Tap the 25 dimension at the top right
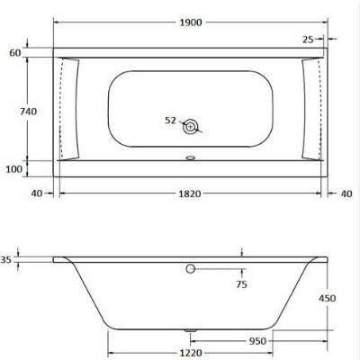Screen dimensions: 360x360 tap(309, 39)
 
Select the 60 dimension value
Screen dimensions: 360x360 tap(14, 53)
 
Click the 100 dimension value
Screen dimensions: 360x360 tap(14, 169)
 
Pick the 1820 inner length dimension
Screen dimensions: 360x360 tap(189, 193)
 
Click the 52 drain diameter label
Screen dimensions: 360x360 tap(171, 119)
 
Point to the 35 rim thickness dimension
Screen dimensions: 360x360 tap(7, 259)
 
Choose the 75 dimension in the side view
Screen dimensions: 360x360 tap(241, 285)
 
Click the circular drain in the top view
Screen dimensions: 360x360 tap(191, 127)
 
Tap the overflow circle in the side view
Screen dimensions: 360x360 tap(190, 268)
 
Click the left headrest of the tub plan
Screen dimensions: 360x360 tap(71, 108)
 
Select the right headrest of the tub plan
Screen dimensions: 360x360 tap(310, 108)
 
